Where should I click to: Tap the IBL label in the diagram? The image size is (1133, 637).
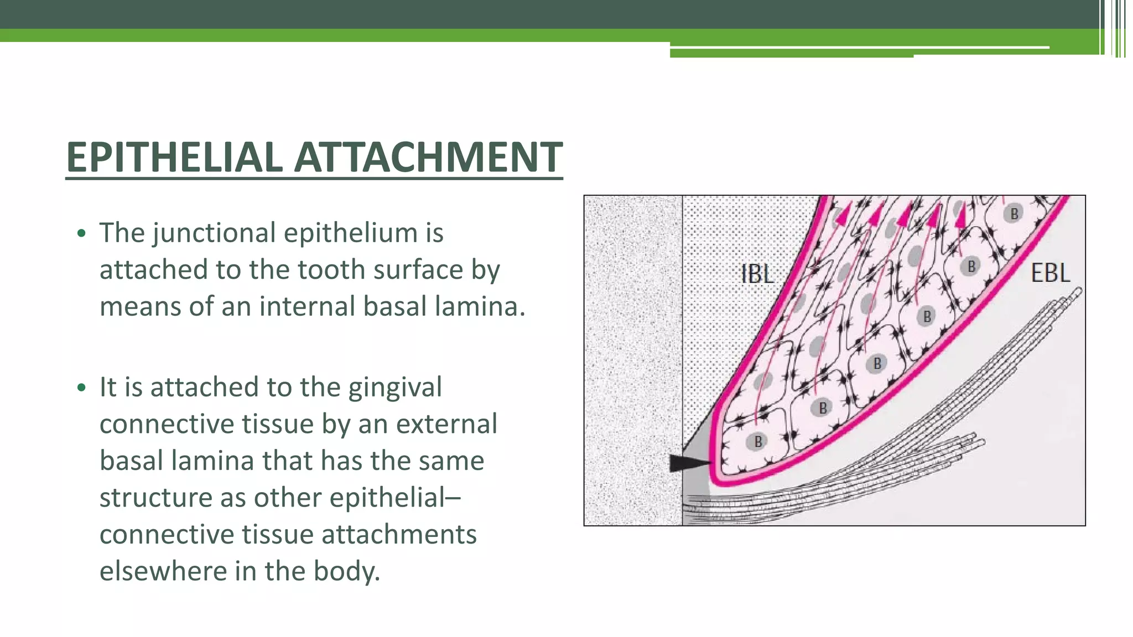757,275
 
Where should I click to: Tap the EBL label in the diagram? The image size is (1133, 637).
1050,273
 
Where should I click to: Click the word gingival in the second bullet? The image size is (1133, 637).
395,387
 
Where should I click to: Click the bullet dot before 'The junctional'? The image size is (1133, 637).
82,233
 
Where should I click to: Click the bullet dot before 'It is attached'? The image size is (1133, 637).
82,388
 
